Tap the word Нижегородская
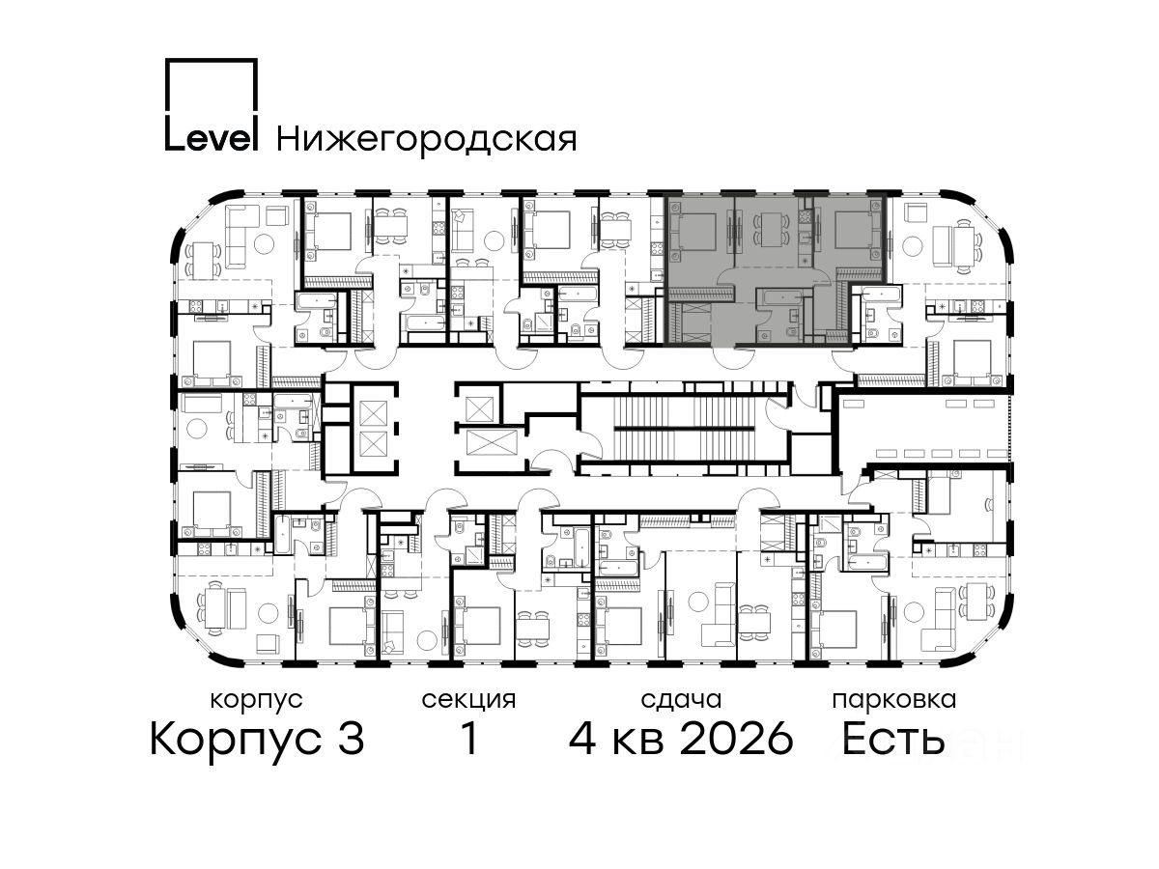tap(427, 140)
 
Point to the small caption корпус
tap(256, 701)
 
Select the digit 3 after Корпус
tap(350, 740)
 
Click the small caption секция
tap(468, 701)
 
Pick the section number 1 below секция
tap(468, 739)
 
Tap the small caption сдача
tap(681, 700)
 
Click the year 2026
tap(737, 740)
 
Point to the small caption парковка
tap(894, 701)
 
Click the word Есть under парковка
tap(892, 739)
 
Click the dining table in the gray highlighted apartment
tap(771, 231)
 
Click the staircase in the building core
tap(686, 429)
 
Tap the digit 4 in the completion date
tap(582, 740)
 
